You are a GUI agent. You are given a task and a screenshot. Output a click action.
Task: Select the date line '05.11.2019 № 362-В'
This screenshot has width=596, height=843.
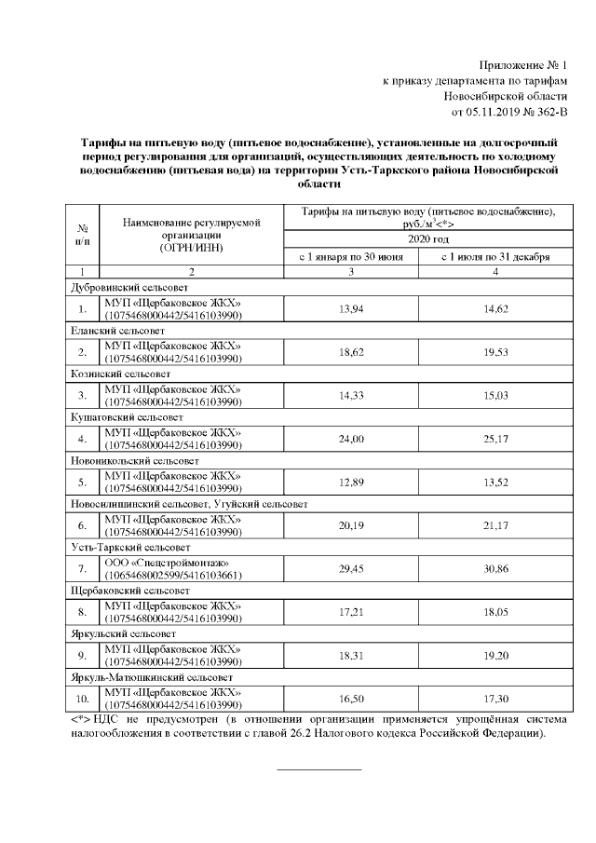(x=508, y=113)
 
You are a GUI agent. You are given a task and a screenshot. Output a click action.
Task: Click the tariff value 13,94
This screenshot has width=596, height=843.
(x=351, y=308)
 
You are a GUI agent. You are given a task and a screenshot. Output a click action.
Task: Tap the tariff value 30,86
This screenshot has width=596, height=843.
(x=495, y=569)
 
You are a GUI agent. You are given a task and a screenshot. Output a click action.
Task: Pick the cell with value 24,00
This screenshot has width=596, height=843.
(x=351, y=439)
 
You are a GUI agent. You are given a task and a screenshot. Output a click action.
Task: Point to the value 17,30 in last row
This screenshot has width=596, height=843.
(x=495, y=699)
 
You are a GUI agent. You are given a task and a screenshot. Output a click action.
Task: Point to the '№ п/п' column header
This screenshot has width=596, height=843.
(x=83, y=235)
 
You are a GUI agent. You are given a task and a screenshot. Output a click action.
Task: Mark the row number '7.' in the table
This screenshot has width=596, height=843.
(x=83, y=569)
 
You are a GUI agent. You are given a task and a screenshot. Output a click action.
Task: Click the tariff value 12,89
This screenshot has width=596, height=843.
(x=351, y=482)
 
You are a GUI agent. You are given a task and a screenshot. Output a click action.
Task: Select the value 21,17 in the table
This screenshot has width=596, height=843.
(x=495, y=525)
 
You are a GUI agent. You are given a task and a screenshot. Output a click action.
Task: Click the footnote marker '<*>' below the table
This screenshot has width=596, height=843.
(x=81, y=720)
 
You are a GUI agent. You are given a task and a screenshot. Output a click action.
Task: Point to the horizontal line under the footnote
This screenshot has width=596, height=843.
(x=319, y=769)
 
